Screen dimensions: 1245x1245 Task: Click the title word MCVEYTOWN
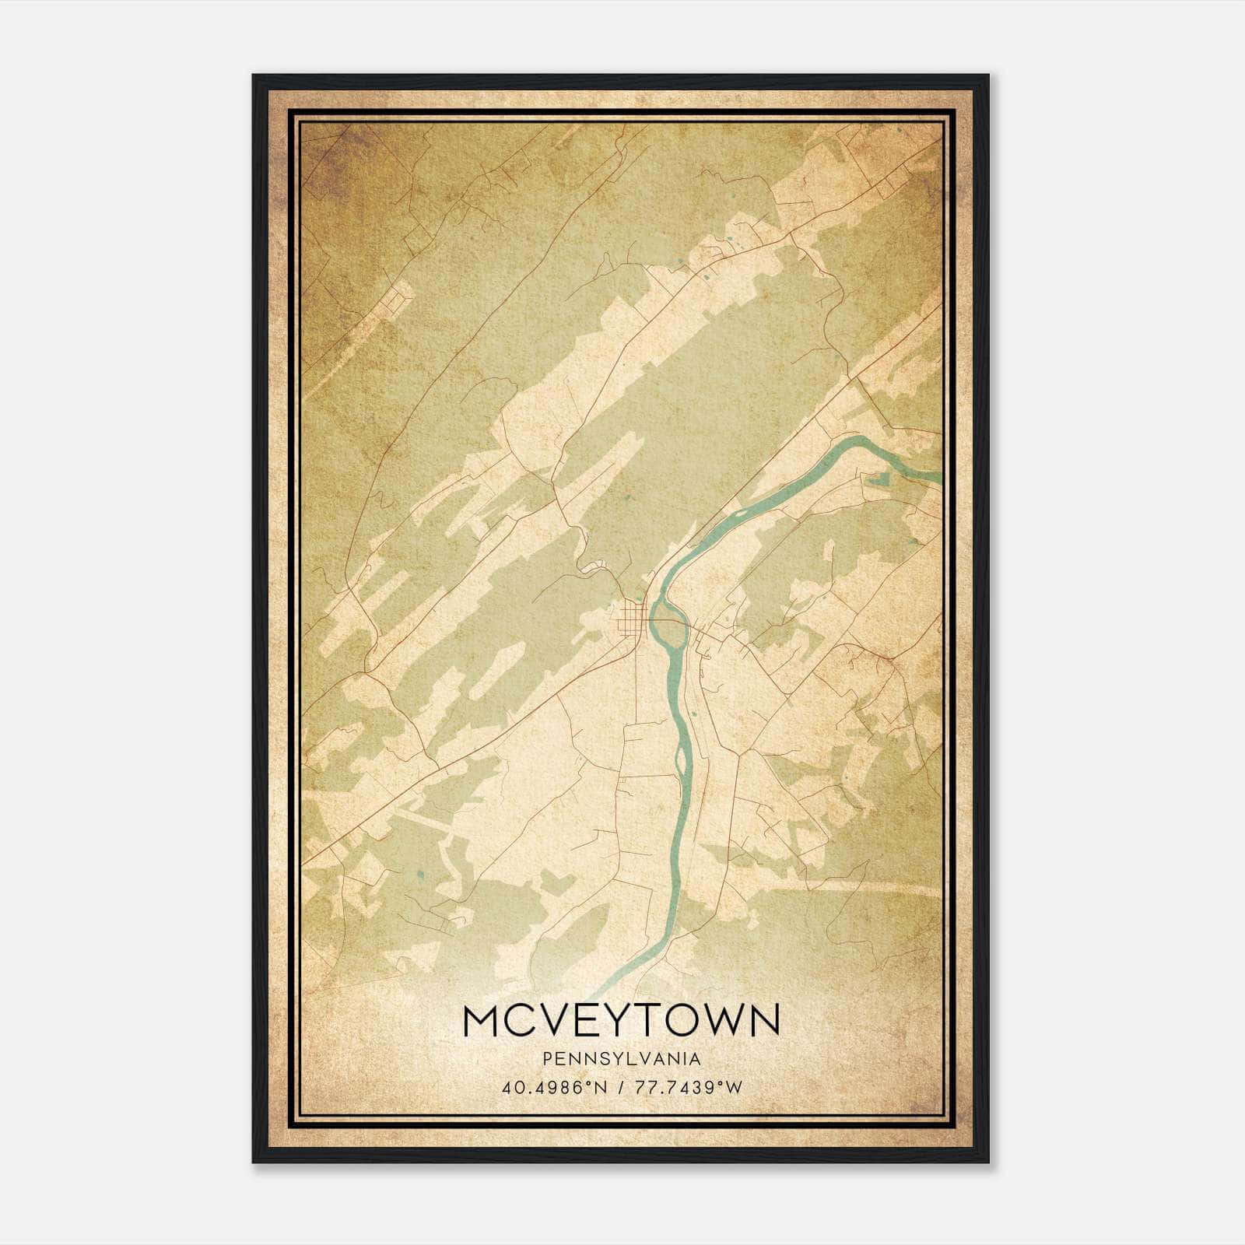pos(621,1020)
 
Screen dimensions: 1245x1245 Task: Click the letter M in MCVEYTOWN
pos(484,1020)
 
